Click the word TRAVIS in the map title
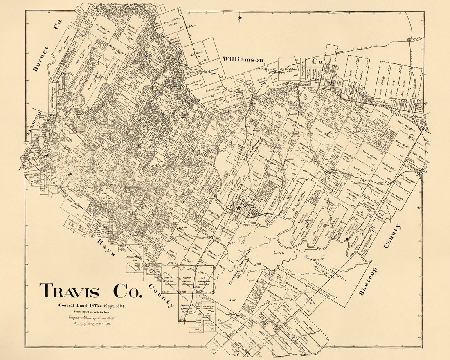70,292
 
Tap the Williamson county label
243,59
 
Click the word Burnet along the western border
40,59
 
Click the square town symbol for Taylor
409,40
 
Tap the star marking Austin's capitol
239,208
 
